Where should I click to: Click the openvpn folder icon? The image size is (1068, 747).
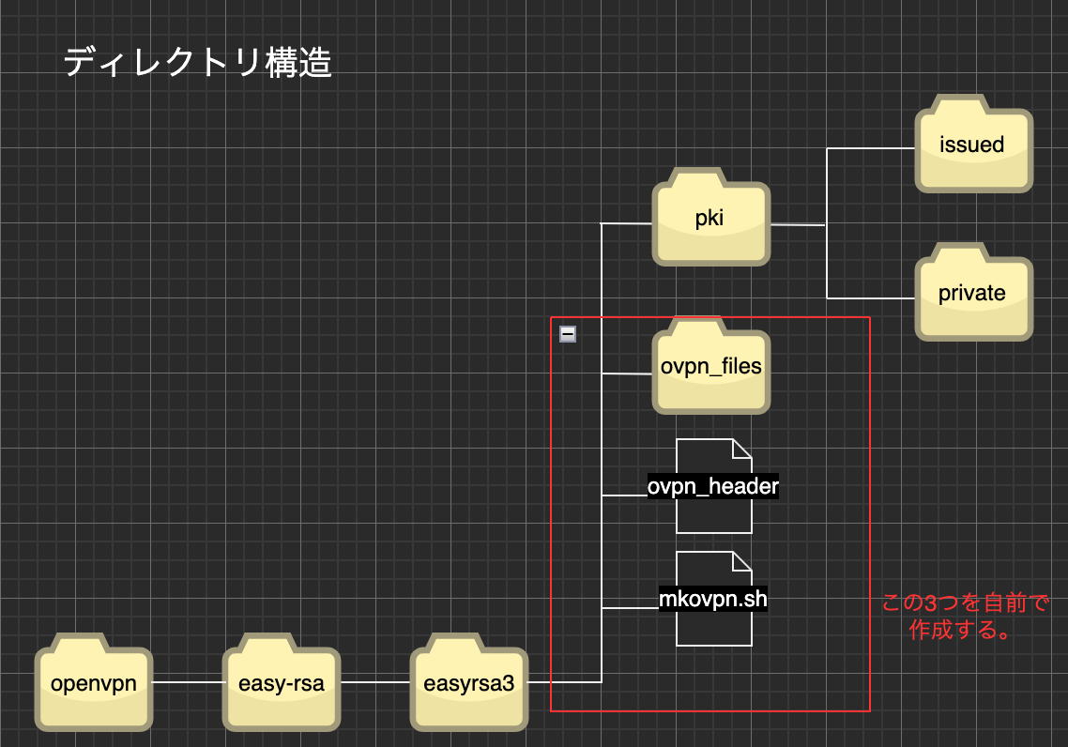[x=94, y=682]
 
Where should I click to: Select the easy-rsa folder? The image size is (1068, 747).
[x=280, y=682]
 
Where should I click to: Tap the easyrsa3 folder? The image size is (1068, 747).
[x=469, y=682]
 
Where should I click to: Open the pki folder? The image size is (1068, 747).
[x=711, y=219]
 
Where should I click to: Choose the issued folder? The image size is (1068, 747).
[x=973, y=145]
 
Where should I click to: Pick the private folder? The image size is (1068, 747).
[x=973, y=292]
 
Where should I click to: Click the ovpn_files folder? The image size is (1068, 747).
[x=711, y=366]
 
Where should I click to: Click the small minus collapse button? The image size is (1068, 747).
[x=568, y=334]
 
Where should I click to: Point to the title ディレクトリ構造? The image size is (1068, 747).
[x=197, y=63]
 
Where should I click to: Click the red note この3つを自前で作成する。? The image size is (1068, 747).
[x=965, y=616]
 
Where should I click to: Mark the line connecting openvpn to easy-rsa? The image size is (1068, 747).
[x=188, y=683]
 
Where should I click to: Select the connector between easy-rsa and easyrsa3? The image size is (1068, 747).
[x=374, y=683]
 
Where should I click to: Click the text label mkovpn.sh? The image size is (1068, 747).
[x=713, y=599]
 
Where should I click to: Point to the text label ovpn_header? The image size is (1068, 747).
[x=713, y=487]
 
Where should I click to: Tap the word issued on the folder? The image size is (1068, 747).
[x=972, y=145]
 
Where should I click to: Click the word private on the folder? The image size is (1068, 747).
[x=972, y=293]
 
